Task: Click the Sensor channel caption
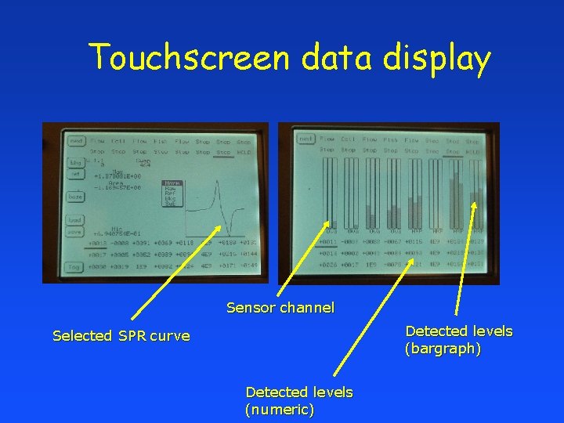280,308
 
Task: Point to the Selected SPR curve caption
121,336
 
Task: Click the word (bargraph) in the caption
443,349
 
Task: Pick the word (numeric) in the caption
280,410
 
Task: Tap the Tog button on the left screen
75,266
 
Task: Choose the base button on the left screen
75,197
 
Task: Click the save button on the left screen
75,232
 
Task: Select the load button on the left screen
75,220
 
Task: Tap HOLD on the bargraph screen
473,150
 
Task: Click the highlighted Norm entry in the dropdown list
171,183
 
